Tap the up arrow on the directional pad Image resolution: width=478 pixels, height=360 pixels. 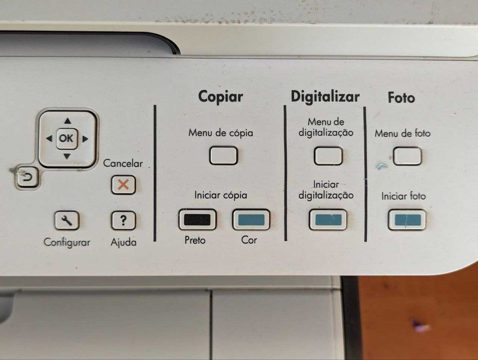[x=67, y=122]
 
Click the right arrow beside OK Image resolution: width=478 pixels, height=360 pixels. [x=85, y=138]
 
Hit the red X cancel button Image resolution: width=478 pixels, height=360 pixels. [x=123, y=185]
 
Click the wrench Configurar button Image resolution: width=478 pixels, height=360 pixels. [x=67, y=221]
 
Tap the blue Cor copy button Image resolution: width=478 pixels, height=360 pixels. [x=251, y=220]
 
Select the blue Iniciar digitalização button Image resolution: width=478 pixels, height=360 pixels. [x=328, y=220]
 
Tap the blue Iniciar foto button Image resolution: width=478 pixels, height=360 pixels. [x=406, y=220]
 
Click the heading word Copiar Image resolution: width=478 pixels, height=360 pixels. [x=221, y=96]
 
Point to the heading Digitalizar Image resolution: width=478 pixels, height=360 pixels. [x=325, y=96]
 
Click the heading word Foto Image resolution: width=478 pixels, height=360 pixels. [x=401, y=97]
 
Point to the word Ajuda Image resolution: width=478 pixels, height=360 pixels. [x=123, y=242]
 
